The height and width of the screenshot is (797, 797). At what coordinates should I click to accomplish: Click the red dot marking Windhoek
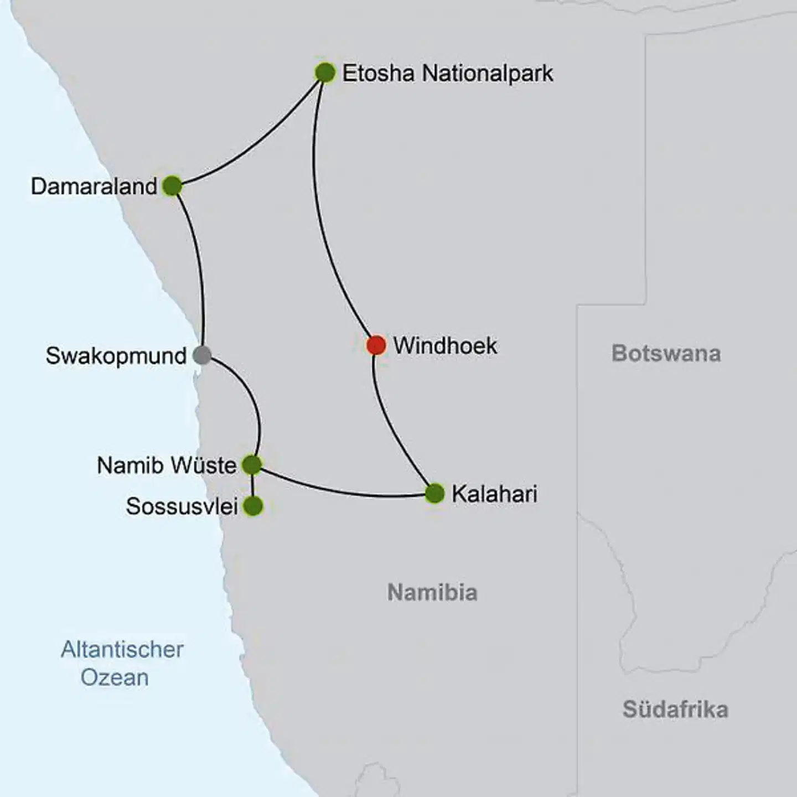tap(376, 345)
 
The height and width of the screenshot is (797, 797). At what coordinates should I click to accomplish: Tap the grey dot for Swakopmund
tap(202, 355)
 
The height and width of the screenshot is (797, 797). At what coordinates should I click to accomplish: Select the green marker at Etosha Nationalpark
tap(325, 73)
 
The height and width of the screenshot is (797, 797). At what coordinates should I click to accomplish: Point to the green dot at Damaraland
tap(172, 186)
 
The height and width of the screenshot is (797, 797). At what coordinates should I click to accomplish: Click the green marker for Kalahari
tap(434, 493)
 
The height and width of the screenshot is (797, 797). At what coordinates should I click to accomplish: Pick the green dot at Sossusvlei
tap(253, 506)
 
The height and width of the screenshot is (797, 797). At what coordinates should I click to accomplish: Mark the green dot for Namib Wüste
tap(252, 465)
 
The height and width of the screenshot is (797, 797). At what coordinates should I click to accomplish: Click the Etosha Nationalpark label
tap(447, 73)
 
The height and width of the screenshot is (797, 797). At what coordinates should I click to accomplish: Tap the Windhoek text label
tap(445, 345)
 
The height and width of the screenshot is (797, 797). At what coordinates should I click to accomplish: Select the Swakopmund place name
tap(116, 356)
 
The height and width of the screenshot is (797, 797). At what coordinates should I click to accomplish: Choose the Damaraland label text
tap(94, 187)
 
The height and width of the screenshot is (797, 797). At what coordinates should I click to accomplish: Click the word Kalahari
tap(494, 494)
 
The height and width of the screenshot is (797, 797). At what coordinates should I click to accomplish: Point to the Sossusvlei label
tap(182, 506)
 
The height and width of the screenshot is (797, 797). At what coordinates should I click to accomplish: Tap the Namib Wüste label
tap(167, 465)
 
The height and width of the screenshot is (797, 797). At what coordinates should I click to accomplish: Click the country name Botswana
tap(666, 353)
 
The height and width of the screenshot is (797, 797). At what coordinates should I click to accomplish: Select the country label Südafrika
tap(675, 709)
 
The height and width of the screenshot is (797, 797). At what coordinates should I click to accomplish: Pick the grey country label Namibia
tap(432, 592)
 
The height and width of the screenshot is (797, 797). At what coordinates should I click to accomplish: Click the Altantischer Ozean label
tap(121, 663)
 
